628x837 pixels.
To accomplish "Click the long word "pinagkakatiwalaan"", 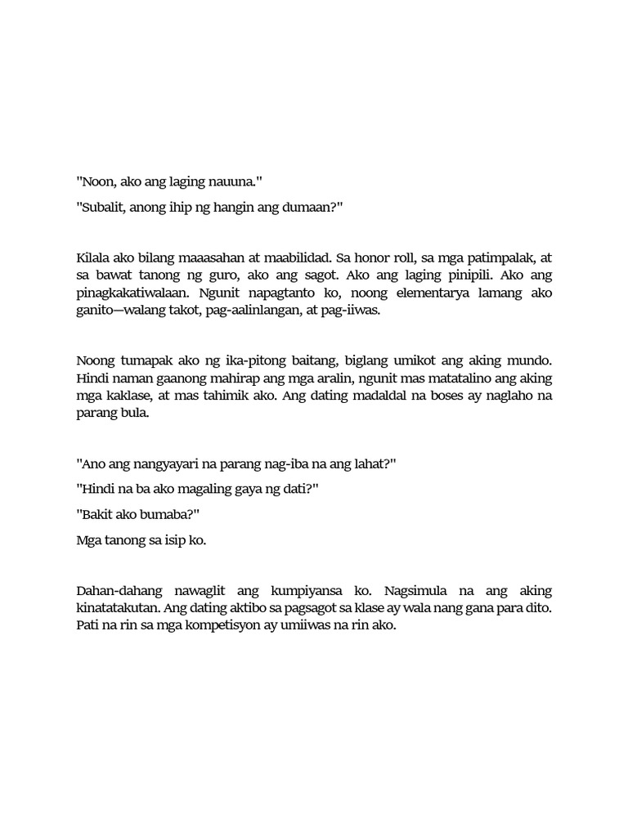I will pos(128,296).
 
